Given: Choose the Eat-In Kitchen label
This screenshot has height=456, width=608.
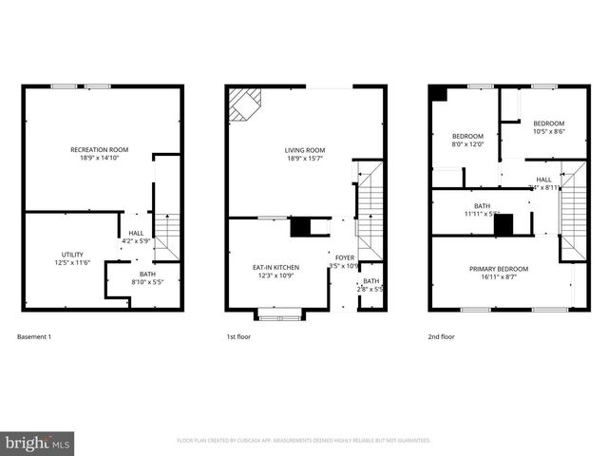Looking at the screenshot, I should [275, 271].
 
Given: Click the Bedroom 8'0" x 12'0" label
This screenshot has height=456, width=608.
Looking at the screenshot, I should [466, 140].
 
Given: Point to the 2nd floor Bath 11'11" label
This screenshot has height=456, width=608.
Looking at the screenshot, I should [483, 210].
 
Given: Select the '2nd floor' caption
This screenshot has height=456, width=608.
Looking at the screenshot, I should [441, 336].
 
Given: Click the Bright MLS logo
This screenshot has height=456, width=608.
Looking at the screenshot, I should [38, 442].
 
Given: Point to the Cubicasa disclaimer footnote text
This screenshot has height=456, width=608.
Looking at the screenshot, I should [304, 441].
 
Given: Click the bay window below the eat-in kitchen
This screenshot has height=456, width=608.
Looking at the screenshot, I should [279, 313].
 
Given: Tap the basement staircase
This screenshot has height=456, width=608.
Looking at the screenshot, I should [165, 237].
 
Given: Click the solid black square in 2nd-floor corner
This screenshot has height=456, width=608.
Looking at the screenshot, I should [438, 94].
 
